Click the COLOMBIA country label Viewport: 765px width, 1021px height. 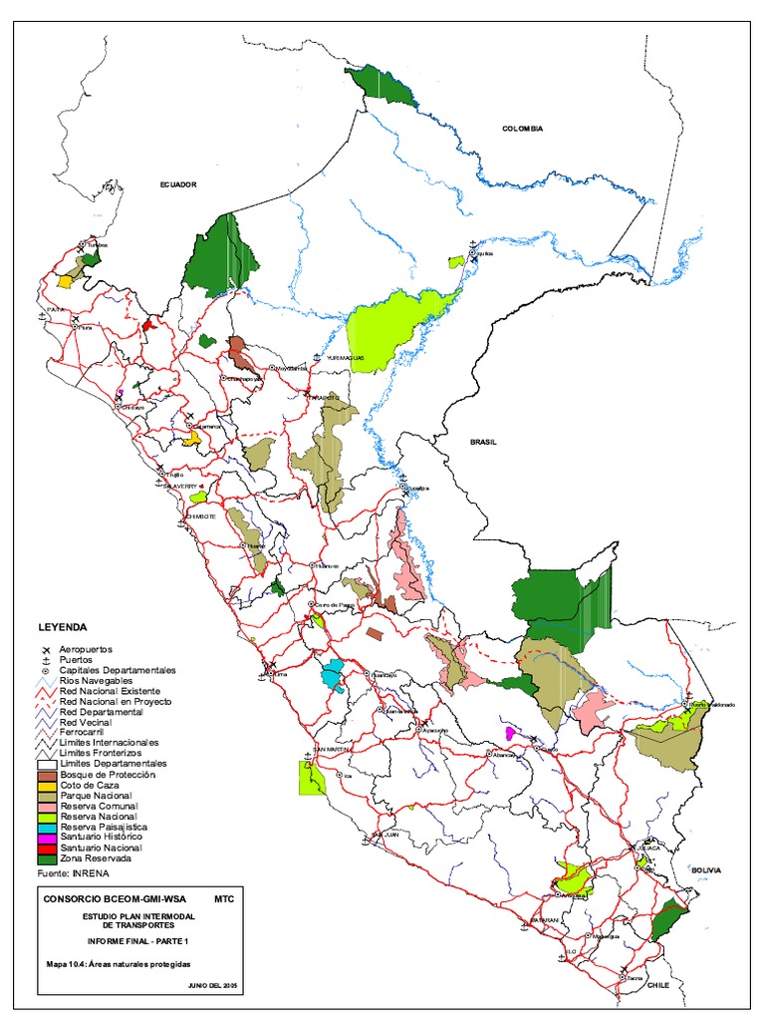tap(522, 129)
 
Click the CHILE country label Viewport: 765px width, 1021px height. tap(657, 985)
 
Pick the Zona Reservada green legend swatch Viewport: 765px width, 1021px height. tap(47, 858)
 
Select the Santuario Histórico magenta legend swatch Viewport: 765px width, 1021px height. tap(47, 837)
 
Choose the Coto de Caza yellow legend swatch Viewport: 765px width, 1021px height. tap(47, 785)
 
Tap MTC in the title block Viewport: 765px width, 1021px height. tap(224, 898)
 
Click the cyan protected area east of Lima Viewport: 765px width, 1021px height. tap(332, 674)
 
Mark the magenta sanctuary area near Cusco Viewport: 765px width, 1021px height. tap(510, 733)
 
